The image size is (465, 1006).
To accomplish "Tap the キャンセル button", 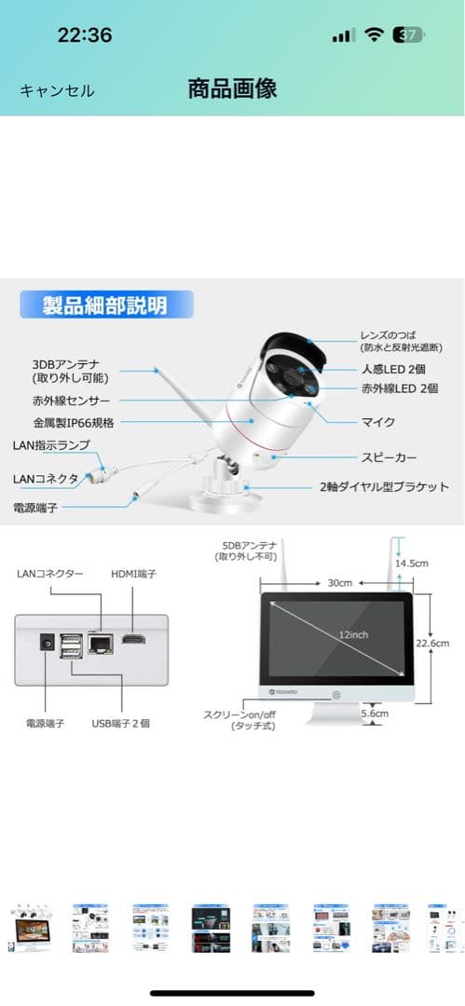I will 57,90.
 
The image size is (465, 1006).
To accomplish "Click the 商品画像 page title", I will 232,89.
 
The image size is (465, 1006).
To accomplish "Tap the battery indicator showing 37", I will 408,35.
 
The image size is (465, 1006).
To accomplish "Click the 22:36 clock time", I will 85,35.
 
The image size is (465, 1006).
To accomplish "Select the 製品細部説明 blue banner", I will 105,305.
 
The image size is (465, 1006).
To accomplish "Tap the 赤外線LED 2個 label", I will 399,388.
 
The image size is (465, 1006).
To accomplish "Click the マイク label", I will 377,422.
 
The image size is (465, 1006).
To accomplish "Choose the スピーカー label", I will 389,457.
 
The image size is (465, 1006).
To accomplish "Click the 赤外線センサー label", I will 72,401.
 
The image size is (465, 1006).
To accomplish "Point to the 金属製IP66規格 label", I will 73,422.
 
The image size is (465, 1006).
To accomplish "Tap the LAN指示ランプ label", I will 51,446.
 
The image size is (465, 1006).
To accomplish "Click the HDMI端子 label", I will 134,575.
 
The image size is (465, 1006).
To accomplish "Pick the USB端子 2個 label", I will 120,722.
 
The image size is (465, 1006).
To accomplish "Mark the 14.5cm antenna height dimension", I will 411,564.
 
